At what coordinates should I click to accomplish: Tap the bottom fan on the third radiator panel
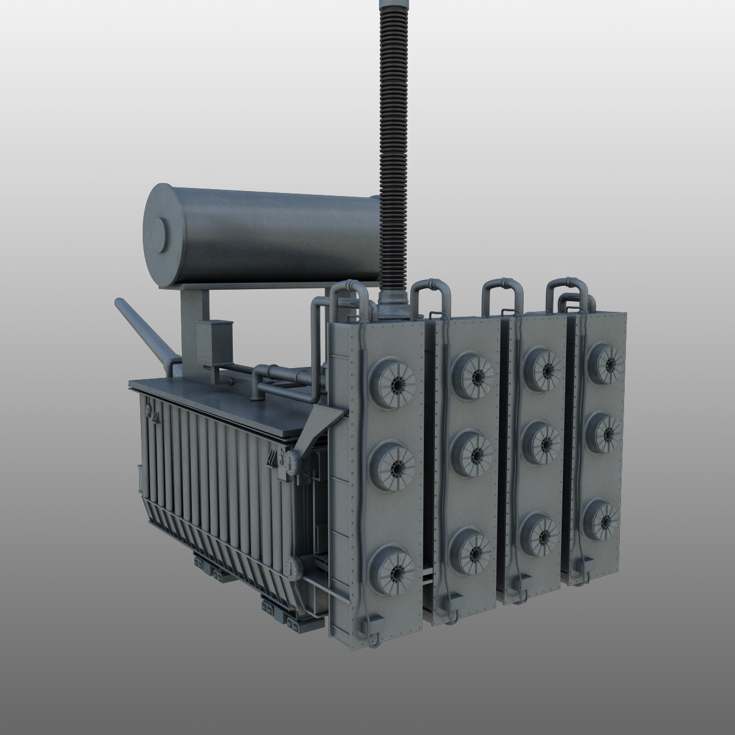pyautogui.click(x=540, y=532)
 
